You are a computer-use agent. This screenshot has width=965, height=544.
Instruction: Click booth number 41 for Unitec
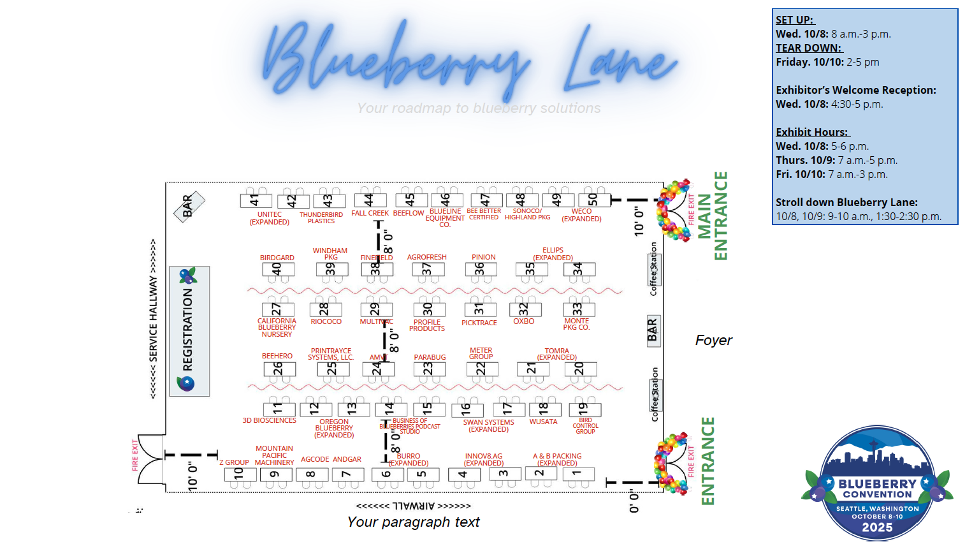[x=256, y=200]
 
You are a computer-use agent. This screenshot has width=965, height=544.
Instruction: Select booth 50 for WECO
[x=593, y=200]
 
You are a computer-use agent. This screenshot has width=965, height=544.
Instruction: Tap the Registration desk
[x=189, y=330]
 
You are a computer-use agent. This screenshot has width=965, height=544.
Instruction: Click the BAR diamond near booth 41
[x=189, y=206]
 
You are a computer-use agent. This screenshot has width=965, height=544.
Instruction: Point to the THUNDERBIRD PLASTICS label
[x=321, y=218]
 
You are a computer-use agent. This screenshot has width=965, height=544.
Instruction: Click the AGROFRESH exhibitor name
[x=427, y=257]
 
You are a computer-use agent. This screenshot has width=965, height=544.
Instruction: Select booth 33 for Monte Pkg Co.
[x=578, y=309]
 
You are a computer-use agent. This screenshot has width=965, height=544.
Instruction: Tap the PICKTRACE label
[x=479, y=323]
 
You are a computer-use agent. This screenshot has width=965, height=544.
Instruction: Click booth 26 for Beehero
[x=279, y=369]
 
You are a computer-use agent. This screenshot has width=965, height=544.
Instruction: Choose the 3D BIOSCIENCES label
[x=269, y=421]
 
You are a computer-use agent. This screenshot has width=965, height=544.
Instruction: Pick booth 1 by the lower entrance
[x=577, y=473]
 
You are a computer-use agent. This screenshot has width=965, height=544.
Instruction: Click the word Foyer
[x=713, y=341]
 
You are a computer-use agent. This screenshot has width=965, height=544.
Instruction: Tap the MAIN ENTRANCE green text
[x=713, y=216]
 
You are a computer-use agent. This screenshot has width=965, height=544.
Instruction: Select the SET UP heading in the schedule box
[x=795, y=20]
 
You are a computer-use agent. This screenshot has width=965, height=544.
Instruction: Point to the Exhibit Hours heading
[x=812, y=132]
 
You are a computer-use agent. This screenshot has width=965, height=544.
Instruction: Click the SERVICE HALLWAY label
[x=153, y=319]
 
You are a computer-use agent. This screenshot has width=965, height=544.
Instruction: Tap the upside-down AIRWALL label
[x=414, y=506]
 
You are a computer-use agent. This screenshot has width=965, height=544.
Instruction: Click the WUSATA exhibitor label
[x=543, y=422]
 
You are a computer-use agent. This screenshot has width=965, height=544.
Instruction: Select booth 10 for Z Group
[x=240, y=474]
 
